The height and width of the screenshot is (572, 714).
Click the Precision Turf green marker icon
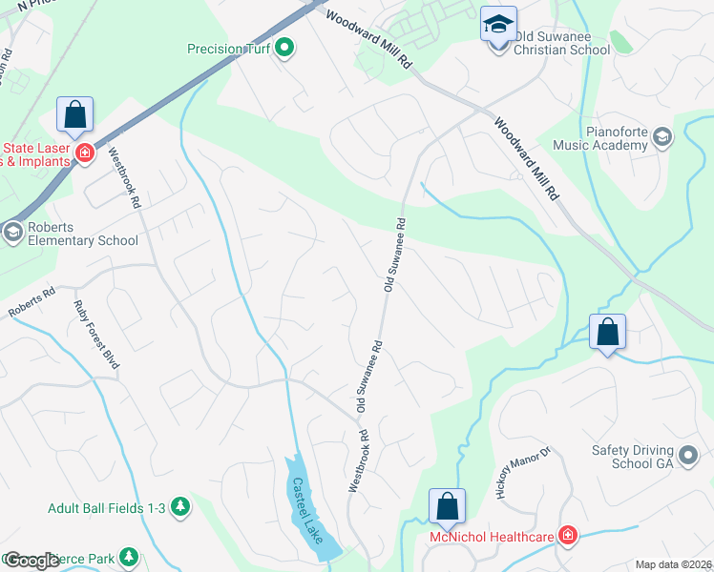click(283, 48)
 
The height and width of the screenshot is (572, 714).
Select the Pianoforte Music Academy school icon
click(661, 139)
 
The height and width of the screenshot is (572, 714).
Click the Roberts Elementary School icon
click(12, 231)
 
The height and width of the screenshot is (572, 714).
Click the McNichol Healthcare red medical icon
click(569, 537)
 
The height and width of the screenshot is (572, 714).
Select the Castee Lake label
click(308, 511)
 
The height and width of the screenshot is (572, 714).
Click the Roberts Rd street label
click(31, 303)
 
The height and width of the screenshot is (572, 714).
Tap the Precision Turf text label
click(228, 48)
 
